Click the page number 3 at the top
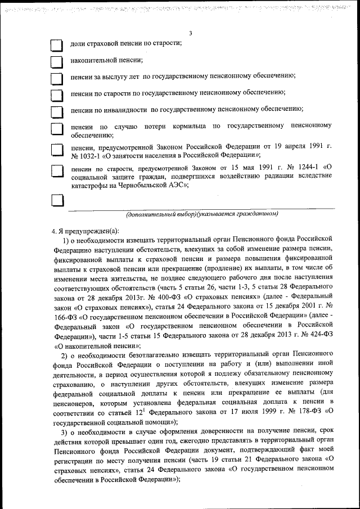(191, 33)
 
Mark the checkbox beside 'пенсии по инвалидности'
(57, 111)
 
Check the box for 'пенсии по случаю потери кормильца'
(57, 130)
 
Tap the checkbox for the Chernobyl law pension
(57, 172)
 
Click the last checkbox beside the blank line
(57, 201)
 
